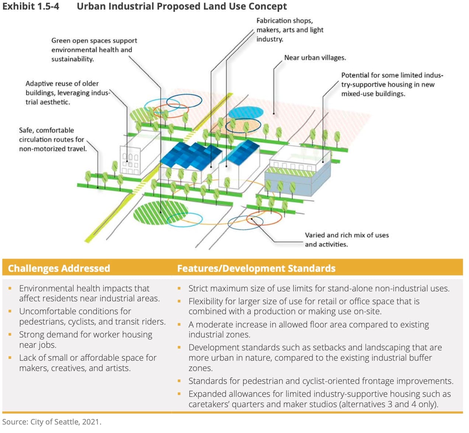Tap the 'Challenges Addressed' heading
pyautogui.click(x=59, y=268)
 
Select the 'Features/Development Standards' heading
pyautogui.click(x=256, y=268)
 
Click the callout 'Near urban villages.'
pyautogui.click(x=315, y=58)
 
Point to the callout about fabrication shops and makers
pyautogui.click(x=290, y=30)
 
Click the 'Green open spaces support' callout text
pyautogui.click(x=94, y=41)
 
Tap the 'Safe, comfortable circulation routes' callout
pyautogui.click(x=53, y=139)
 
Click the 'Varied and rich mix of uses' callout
pyautogui.click(x=347, y=239)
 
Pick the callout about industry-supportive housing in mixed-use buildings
pyautogui.click(x=392, y=84)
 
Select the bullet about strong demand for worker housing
pyautogui.click(x=86, y=339)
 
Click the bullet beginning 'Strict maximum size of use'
pyautogui.click(x=319, y=288)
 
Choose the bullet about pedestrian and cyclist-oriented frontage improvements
pyautogui.click(x=321, y=381)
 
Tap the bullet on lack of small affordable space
pyautogui.click(x=88, y=363)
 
